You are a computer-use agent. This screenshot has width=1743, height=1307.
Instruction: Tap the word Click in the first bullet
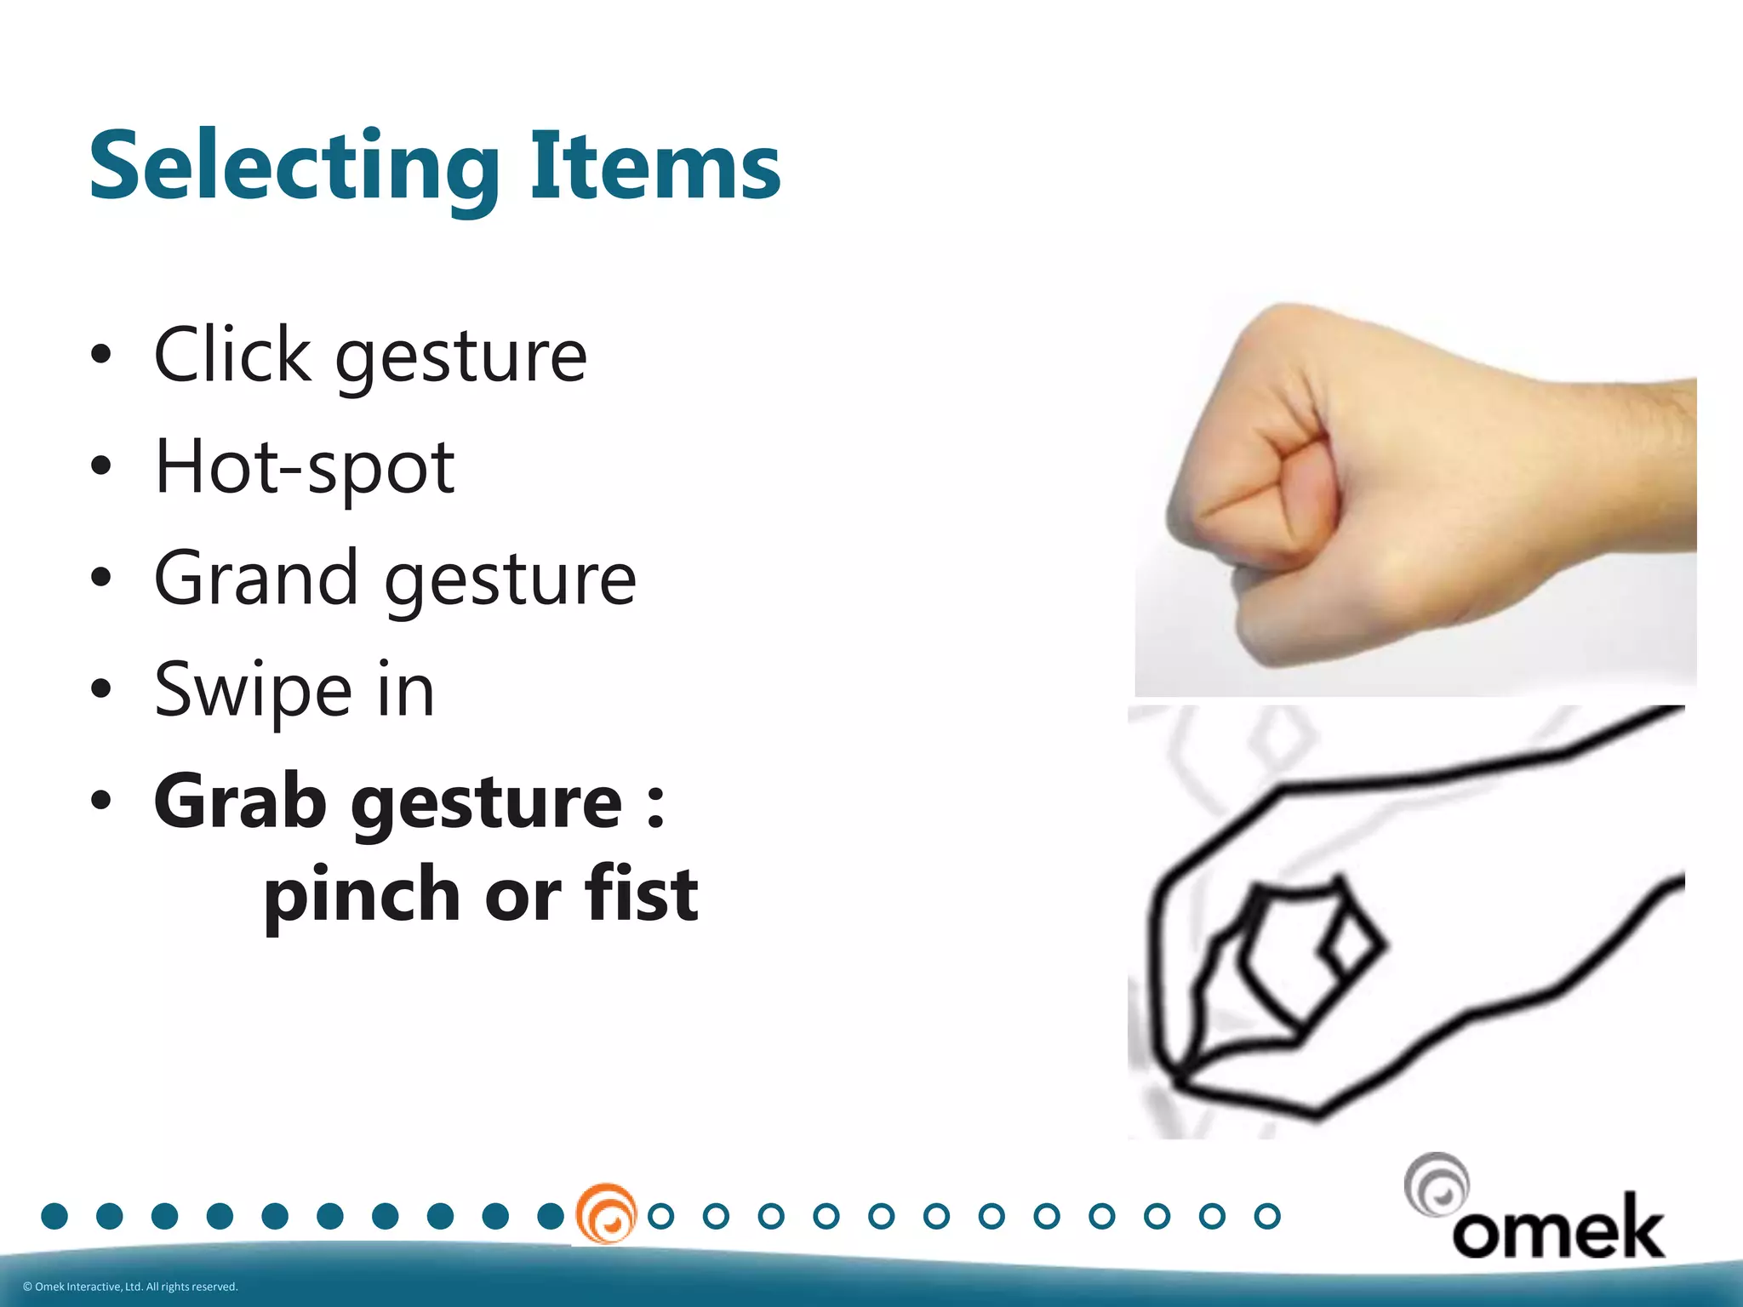coord(231,355)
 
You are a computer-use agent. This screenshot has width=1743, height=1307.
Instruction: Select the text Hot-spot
coord(304,467)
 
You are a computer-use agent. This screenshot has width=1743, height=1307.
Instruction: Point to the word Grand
coord(255,578)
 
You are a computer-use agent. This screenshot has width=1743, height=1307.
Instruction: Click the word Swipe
coord(253,690)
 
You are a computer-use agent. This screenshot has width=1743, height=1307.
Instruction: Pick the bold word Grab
coord(240,801)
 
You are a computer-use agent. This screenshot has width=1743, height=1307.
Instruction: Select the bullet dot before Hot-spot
coord(101,465)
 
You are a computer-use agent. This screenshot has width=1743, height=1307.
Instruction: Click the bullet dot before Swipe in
coord(101,688)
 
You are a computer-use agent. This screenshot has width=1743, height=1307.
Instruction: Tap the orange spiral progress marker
coord(606,1214)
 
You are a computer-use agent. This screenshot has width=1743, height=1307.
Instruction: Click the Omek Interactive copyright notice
coord(130,1287)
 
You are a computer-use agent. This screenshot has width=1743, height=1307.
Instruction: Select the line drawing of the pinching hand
coord(1406,922)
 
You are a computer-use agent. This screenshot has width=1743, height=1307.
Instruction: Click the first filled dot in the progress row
coord(54,1216)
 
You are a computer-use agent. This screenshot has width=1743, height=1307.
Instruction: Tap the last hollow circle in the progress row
coord(1267,1216)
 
